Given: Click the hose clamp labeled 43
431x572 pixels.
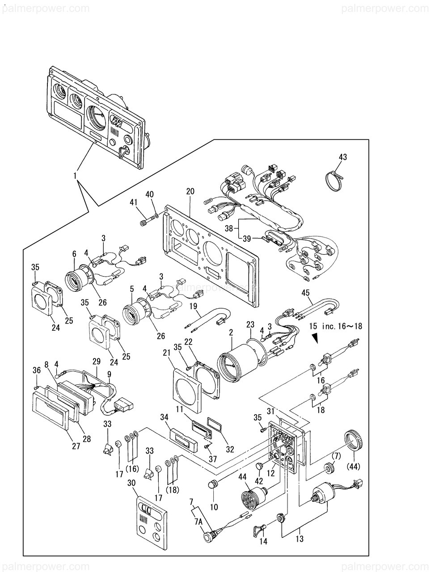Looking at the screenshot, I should pos(334,179).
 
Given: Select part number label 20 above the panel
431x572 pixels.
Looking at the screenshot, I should pos(190,191).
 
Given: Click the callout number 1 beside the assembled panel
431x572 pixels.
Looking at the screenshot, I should pos(75,176).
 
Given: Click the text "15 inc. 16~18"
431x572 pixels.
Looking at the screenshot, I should pos(335,326).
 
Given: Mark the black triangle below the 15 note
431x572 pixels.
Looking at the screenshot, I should pos(315,338).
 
